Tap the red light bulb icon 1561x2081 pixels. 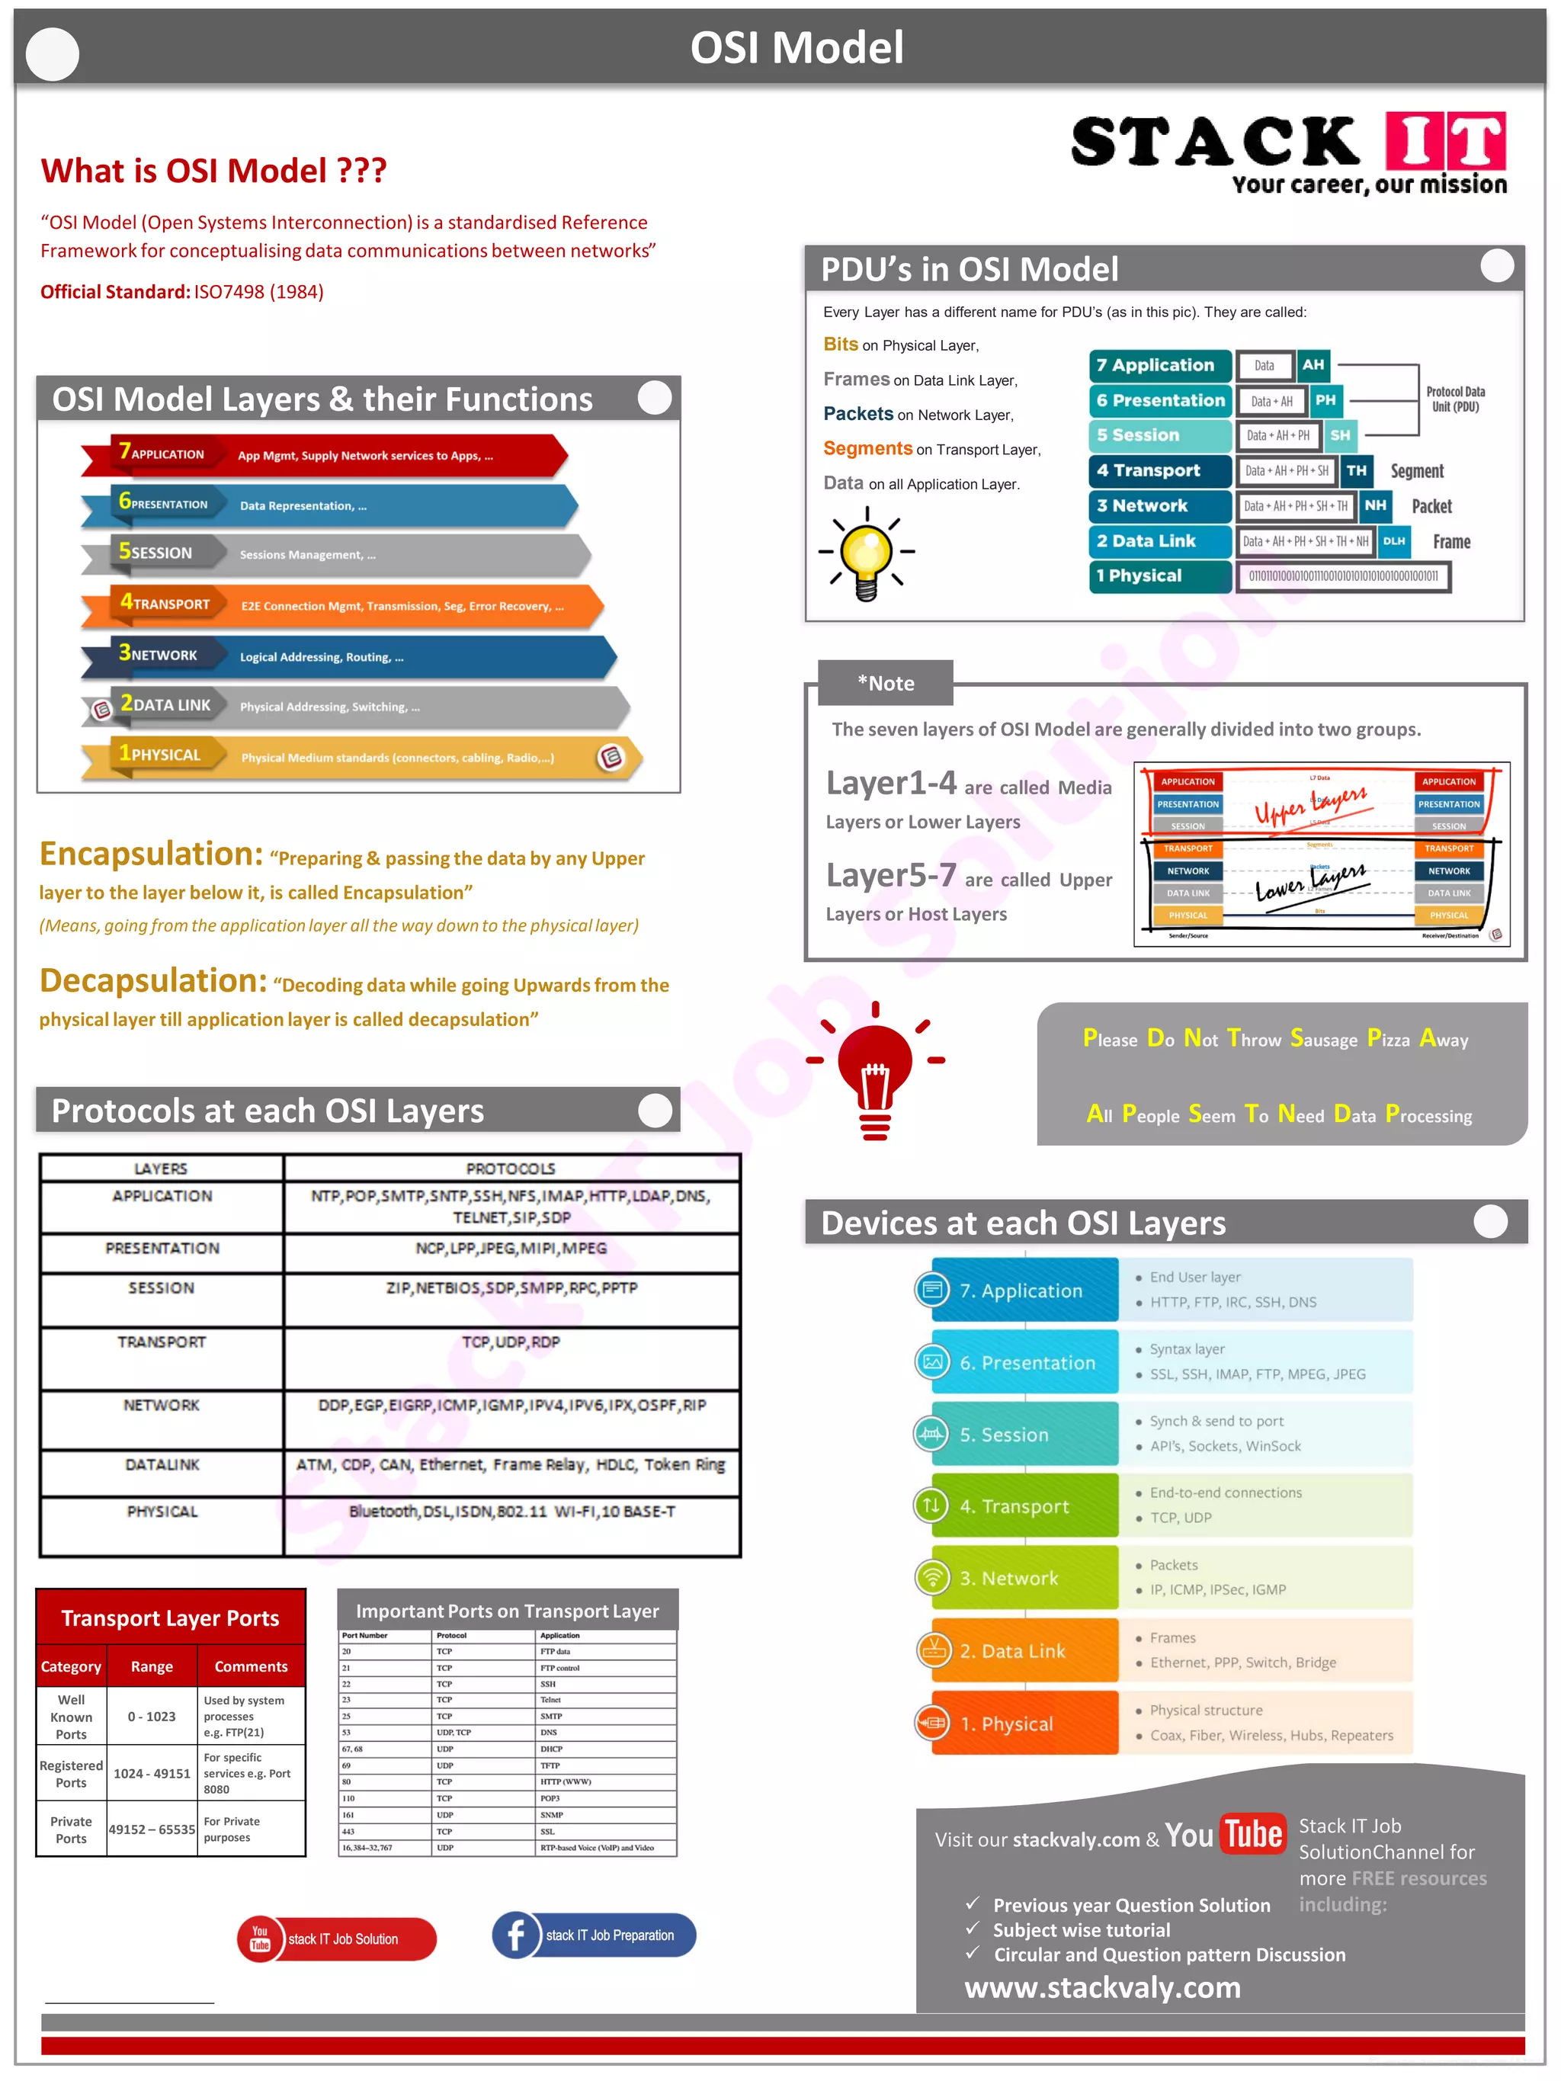coord(875,1069)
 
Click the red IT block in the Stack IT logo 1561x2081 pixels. coord(1445,140)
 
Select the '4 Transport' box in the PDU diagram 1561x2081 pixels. coord(1159,470)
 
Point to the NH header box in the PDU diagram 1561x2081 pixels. coord(1375,505)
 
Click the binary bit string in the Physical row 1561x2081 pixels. coord(1343,576)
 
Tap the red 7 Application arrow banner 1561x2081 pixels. coord(325,455)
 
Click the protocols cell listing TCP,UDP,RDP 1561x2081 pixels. coord(511,1342)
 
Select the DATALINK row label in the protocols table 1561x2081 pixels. coord(162,1465)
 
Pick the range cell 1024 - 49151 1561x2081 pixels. coord(152,1773)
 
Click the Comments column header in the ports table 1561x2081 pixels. coord(250,1666)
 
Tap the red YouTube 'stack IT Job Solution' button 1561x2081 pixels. coord(337,1939)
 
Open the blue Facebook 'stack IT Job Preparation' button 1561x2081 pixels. coord(594,1935)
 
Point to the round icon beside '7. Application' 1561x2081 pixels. coord(931,1290)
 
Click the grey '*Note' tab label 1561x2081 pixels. coord(886,683)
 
